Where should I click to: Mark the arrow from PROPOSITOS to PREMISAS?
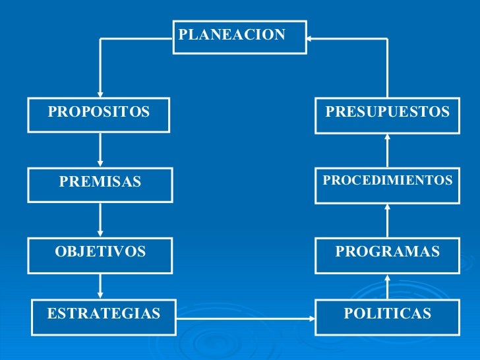tap(100, 150)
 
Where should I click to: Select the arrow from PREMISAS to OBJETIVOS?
tap(100, 220)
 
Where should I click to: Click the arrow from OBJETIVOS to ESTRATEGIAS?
tap(100, 285)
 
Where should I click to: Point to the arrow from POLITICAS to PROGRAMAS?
tap(388, 287)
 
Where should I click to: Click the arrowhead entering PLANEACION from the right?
tap(312, 39)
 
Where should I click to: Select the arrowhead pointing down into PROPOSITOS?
tap(100, 94)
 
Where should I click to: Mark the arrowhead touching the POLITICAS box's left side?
tap(311, 318)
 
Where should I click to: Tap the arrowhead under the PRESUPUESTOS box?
tap(388, 137)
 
